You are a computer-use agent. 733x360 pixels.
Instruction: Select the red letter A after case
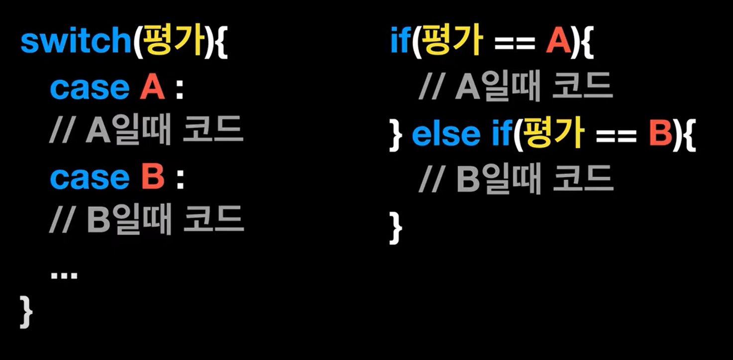pos(152,88)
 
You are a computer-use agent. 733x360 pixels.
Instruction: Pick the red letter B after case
pos(153,178)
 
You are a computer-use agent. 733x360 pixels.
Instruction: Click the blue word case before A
pos(90,89)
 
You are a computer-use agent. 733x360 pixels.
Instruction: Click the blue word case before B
pos(90,178)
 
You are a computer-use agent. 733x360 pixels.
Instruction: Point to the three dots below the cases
pos(64,274)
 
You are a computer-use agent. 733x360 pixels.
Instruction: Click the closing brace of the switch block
pos(26,311)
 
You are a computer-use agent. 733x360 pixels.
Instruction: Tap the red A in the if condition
pos(558,43)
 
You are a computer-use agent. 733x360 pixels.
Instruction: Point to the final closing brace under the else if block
pos(395,227)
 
